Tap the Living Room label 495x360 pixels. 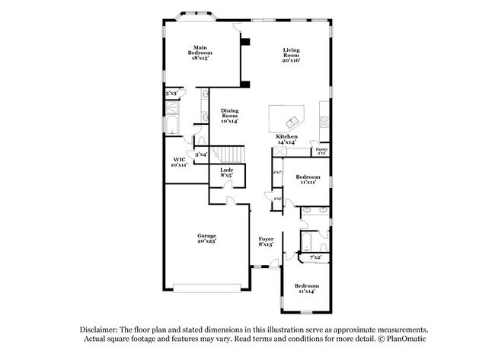[x=292, y=54]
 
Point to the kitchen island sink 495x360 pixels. [x=289, y=122]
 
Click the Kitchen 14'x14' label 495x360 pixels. [x=286, y=139]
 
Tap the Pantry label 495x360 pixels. [x=321, y=152]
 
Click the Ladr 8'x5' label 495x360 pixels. [x=226, y=172]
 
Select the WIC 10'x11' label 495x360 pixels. [x=180, y=161]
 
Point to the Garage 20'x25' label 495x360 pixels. [x=207, y=239]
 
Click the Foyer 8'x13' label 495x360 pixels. [x=266, y=242]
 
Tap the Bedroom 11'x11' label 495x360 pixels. [x=308, y=180]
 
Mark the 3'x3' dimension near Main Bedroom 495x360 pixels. [x=171, y=94]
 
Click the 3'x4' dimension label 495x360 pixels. [x=201, y=155]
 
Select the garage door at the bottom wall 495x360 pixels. [x=207, y=287]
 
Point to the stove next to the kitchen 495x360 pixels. [x=326, y=123]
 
